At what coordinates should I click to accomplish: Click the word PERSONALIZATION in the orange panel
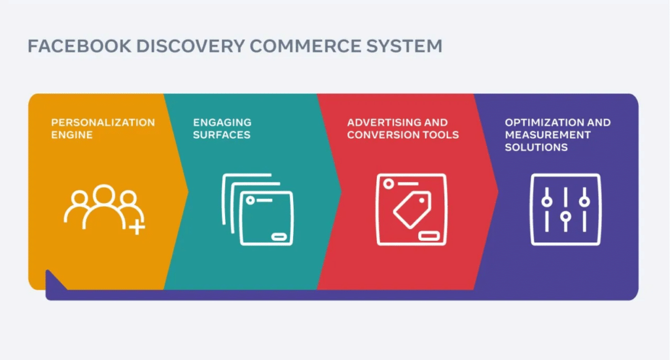(103, 122)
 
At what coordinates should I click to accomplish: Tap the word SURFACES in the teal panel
(222, 135)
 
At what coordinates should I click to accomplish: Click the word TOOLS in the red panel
(442, 135)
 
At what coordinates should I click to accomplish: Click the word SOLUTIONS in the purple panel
(536, 147)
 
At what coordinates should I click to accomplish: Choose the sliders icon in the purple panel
(565, 209)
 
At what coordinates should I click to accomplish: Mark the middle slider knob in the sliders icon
(565, 217)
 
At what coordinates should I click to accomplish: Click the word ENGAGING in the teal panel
(222, 122)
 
